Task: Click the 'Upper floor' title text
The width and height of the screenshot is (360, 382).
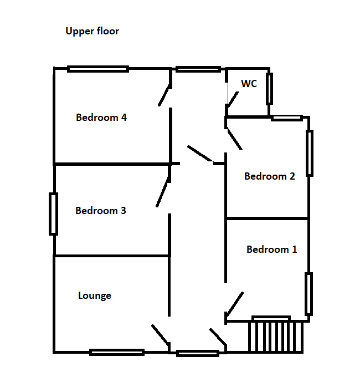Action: [92, 31]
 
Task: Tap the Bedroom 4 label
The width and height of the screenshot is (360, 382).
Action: [101, 118]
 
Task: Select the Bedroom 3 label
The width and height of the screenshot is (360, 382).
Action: [101, 211]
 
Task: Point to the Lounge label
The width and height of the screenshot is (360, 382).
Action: [95, 296]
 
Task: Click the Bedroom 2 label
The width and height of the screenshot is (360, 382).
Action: [270, 176]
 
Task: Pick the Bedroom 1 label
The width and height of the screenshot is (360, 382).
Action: [272, 249]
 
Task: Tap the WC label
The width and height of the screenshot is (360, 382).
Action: [249, 84]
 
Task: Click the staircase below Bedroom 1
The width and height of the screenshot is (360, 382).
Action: [276, 337]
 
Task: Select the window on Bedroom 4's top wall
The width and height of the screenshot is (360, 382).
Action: [98, 69]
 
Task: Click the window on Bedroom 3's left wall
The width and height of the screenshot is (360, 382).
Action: [54, 214]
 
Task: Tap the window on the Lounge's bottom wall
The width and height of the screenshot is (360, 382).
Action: [117, 352]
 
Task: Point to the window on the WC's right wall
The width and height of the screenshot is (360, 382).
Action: [270, 89]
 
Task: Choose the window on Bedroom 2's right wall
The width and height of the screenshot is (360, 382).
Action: [310, 153]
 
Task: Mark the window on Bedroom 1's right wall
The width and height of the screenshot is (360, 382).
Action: [308, 294]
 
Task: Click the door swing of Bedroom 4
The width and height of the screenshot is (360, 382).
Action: [164, 95]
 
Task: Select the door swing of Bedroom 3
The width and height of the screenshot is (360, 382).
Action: [162, 192]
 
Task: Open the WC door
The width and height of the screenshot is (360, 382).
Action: [233, 99]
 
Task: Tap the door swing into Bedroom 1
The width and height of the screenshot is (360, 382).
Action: [235, 304]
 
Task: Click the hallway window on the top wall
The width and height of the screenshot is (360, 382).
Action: [198, 69]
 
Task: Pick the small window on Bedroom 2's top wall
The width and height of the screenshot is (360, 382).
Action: [287, 118]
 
